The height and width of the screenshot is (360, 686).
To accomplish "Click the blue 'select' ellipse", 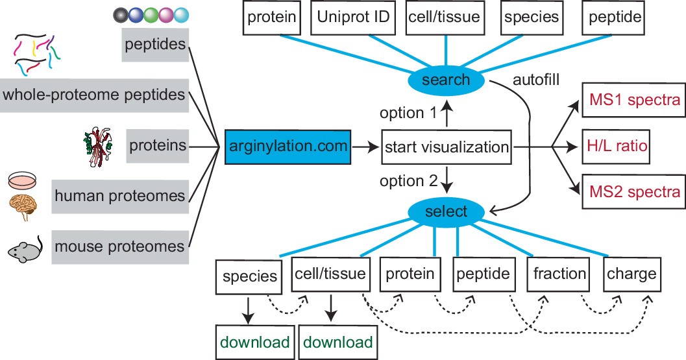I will pyautogui.click(x=446, y=211).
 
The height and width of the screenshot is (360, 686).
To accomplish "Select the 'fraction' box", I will pyautogui.click(x=559, y=274).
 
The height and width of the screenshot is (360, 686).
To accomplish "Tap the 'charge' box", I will pyautogui.click(x=631, y=274).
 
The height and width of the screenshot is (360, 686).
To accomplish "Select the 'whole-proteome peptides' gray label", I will pyautogui.click(x=94, y=95).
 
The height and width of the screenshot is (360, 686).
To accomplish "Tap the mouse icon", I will pyautogui.click(x=25, y=249).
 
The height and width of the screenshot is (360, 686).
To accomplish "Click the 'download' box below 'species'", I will pyautogui.click(x=254, y=342).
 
